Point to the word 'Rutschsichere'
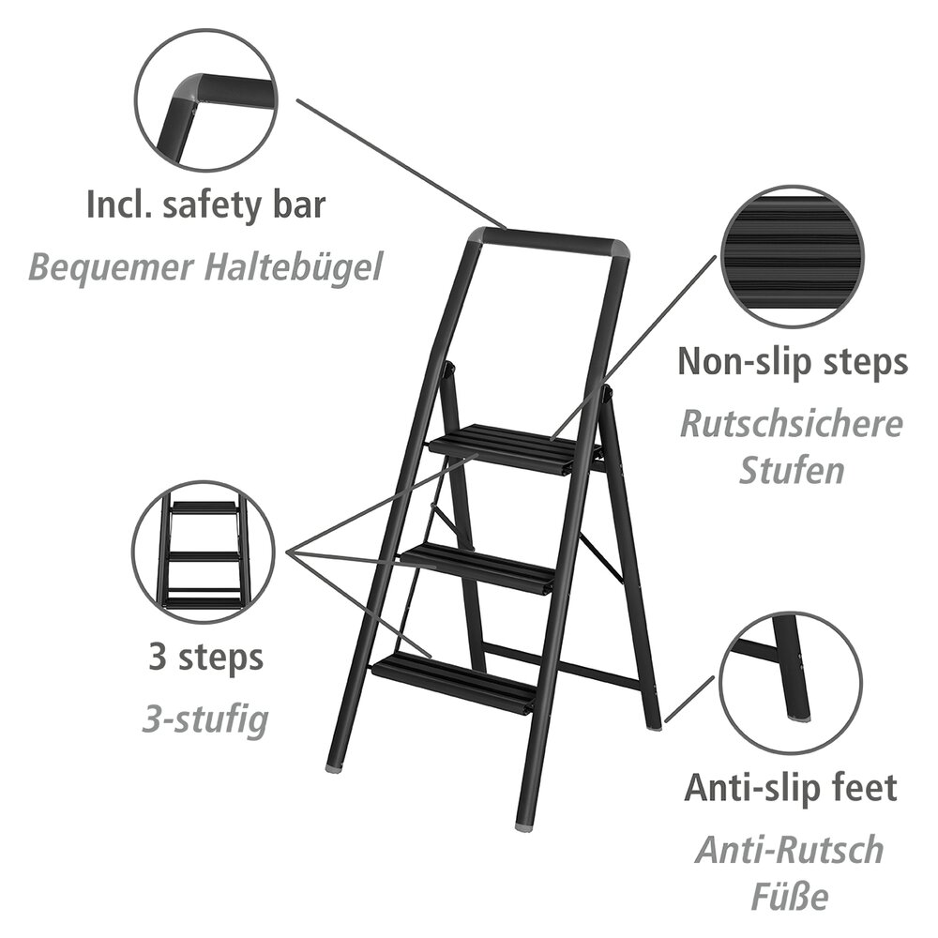tap(791, 424)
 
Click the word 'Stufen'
tap(791, 470)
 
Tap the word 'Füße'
tap(790, 898)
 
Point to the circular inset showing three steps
tap(204, 552)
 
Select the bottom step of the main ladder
tap(455, 681)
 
